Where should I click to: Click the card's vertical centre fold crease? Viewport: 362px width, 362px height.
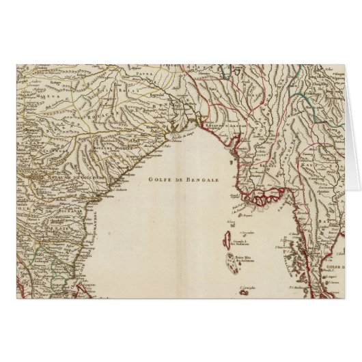pyautogui.click(x=181, y=205)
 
